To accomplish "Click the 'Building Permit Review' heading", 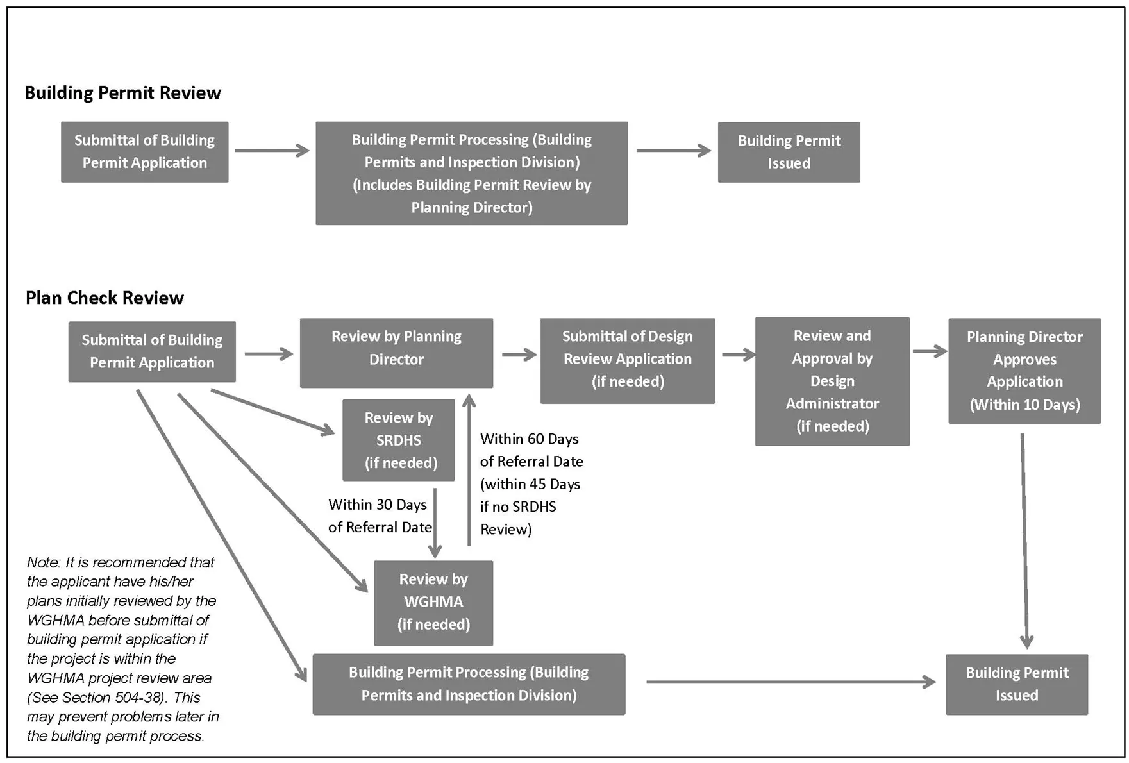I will tap(122, 93).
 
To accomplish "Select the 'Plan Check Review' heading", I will tap(105, 298).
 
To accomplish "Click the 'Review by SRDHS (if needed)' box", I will tap(398, 440).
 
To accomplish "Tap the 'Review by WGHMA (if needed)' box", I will tap(433, 602).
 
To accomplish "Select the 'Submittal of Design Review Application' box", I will tap(627, 360).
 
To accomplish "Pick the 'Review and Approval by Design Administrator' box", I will tap(832, 381).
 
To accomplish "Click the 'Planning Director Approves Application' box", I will tap(1024, 370).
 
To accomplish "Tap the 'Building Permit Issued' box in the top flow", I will tap(789, 152).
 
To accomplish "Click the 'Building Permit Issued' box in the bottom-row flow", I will tap(1016, 683).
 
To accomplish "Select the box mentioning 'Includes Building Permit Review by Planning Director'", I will tap(471, 173).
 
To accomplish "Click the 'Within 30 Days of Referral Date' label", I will tap(379, 516).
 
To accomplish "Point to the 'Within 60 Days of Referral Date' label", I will tap(531, 451).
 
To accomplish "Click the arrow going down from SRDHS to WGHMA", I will tap(435, 523).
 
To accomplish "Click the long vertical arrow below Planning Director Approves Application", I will tap(1024, 539).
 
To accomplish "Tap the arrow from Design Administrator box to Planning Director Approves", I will tap(929, 351).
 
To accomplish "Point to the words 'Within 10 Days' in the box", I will tap(1024, 405).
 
